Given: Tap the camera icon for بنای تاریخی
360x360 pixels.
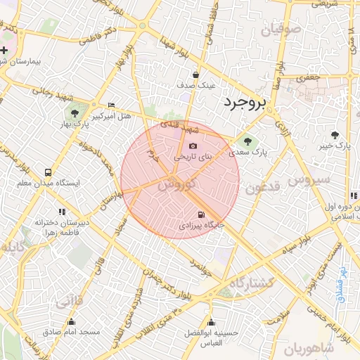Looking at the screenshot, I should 193,146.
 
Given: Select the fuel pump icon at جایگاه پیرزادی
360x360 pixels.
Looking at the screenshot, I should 202,214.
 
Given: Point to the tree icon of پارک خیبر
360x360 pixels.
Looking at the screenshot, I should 334,134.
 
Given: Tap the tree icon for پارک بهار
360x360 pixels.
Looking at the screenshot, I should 74,112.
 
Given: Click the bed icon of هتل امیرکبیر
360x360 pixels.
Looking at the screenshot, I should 111,105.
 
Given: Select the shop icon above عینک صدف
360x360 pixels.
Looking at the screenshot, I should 195,74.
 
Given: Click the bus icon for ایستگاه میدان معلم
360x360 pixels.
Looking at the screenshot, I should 48,172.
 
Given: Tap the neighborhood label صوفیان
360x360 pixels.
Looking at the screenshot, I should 281,30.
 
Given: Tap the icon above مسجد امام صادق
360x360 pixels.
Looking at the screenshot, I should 70,322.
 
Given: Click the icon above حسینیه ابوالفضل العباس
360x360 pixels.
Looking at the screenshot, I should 210,323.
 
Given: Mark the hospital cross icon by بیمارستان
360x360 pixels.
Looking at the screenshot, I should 4,50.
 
